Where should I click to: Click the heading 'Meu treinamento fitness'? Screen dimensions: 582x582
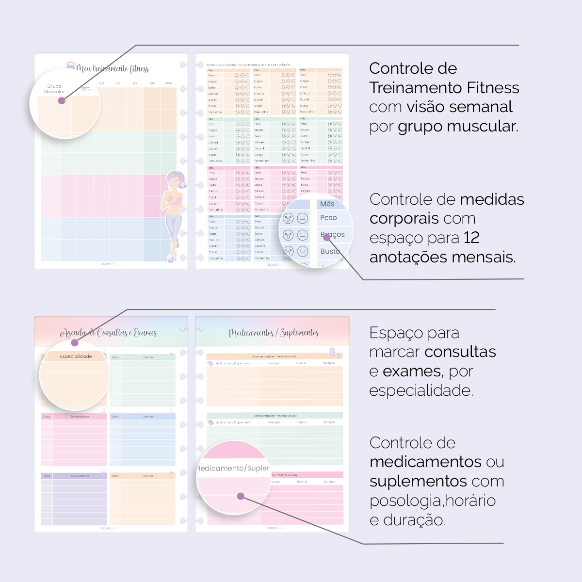[x=113, y=69]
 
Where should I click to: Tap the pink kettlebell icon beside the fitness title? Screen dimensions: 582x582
[x=71, y=65]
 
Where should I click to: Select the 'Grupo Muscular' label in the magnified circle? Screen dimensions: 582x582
[x=54, y=89]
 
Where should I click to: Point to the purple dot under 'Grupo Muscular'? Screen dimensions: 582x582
[x=62, y=101]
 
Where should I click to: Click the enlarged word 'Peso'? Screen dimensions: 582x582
[x=328, y=218]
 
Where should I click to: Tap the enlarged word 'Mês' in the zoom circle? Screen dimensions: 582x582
[x=327, y=204]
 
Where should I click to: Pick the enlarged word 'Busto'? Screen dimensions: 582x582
[x=330, y=251]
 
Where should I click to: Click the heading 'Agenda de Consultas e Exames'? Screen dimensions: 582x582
[x=109, y=333]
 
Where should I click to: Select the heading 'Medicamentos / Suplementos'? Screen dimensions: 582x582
[x=274, y=333]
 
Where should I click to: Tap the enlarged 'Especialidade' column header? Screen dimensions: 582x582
[x=76, y=356]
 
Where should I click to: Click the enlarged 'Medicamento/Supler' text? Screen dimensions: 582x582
[x=234, y=468]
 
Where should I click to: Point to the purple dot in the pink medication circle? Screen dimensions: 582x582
[x=241, y=496]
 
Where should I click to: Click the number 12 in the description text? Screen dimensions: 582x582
[x=471, y=238]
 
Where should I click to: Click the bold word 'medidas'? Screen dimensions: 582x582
[x=492, y=199]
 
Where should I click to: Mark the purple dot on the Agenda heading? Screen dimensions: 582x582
[x=75, y=343]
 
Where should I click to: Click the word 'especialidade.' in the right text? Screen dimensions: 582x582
[x=421, y=390]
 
